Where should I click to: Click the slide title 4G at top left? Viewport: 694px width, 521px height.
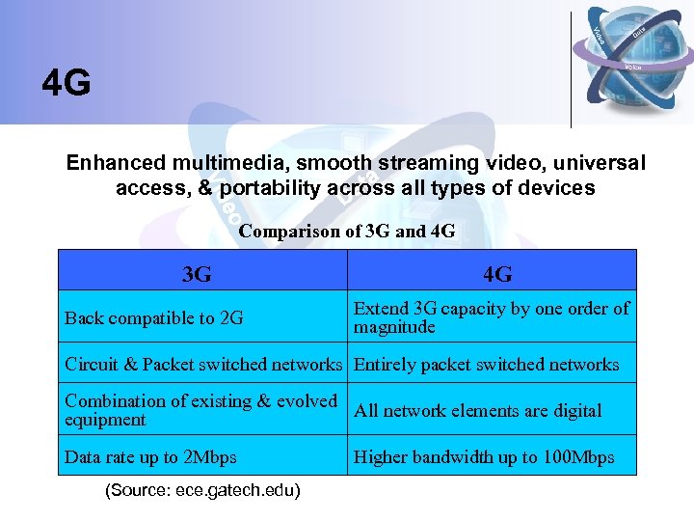coord(67,84)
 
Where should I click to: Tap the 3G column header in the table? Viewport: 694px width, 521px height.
coord(197,274)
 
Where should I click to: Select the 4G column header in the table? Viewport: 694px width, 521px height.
coord(497,274)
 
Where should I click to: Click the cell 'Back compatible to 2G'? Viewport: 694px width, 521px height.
coord(154,318)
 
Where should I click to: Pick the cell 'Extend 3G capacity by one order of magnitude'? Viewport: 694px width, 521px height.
coord(492,317)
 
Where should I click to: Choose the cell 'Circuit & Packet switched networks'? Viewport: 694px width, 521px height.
coord(203,365)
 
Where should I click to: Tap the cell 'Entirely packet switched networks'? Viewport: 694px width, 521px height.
coord(487,365)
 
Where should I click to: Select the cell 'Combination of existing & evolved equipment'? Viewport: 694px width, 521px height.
coord(200,410)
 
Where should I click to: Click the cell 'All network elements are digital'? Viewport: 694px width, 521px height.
coord(478,411)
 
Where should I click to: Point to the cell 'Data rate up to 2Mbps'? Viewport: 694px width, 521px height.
coord(150,457)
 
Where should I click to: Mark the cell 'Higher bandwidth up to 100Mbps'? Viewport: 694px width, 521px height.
coord(484,457)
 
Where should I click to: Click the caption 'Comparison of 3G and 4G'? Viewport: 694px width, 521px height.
coord(347,232)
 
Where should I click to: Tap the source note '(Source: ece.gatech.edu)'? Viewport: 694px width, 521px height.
coord(202,491)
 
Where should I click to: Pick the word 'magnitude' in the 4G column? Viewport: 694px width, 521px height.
coord(394,328)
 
